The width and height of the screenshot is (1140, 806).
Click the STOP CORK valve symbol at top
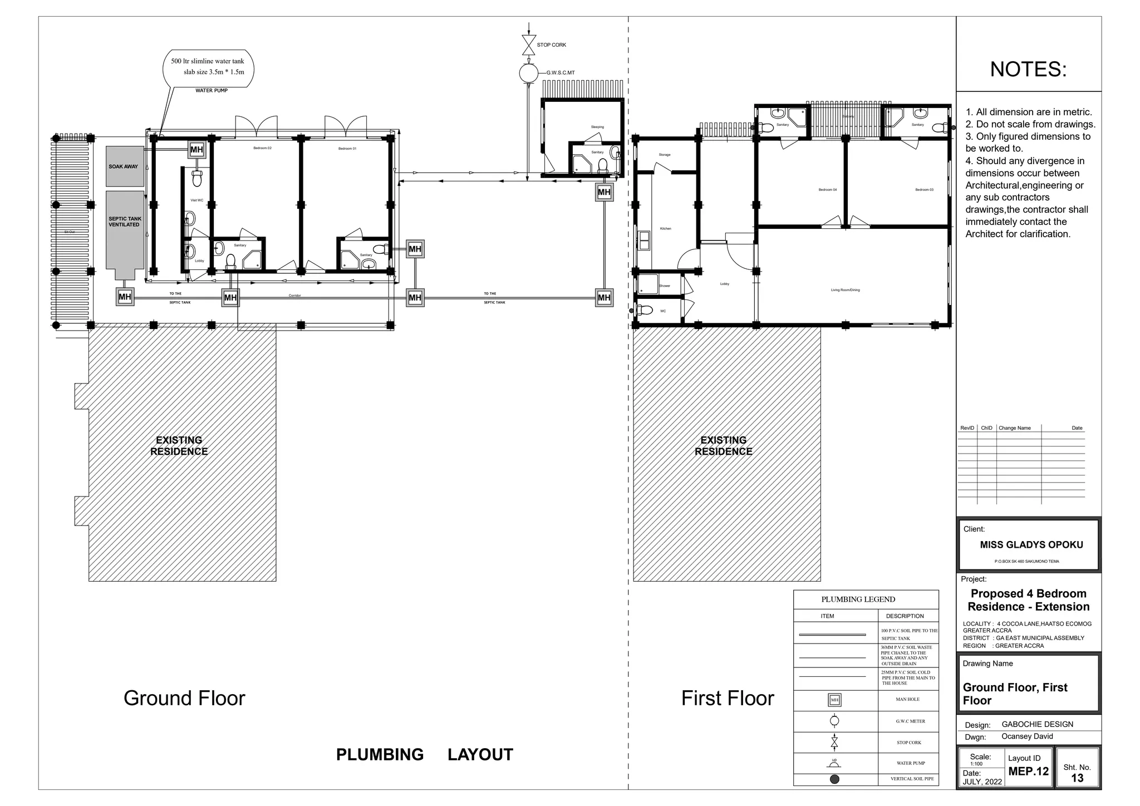point(528,45)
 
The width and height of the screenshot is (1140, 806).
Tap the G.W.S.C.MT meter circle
point(528,73)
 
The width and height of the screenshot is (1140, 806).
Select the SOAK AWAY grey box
point(125,166)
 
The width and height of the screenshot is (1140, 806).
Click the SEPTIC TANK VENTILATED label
point(125,222)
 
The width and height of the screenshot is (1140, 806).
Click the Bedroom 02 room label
point(262,148)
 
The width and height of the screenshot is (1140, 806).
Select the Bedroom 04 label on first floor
point(827,190)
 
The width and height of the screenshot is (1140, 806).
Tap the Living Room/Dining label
point(845,290)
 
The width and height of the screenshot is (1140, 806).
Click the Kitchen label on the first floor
point(665,229)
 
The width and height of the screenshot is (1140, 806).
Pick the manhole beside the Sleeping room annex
point(604,192)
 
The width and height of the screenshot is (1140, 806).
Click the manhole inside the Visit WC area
point(196,150)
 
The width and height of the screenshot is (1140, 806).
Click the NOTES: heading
point(1028,70)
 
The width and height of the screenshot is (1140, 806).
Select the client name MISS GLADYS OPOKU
point(1031,545)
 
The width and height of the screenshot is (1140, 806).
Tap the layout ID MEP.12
point(1028,771)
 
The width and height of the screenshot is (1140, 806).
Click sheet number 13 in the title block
point(1077,778)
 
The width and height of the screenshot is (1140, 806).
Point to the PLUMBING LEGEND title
point(858,599)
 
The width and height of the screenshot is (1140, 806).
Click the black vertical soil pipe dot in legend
point(834,779)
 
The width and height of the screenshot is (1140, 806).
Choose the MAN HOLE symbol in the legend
point(834,700)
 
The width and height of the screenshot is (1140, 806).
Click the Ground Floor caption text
point(184,698)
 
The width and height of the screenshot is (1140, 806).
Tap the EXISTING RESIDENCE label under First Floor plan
point(723,446)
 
